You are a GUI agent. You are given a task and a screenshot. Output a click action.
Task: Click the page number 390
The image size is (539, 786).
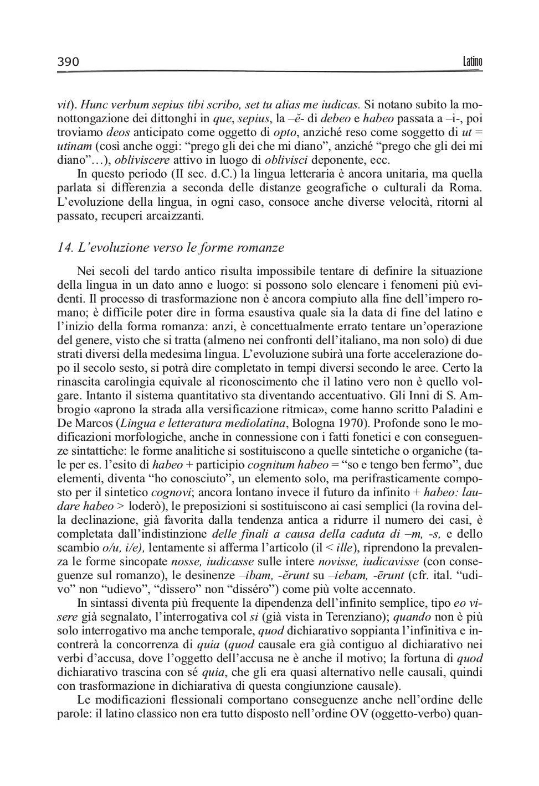click(x=68, y=62)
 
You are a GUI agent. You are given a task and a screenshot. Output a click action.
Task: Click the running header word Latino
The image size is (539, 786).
click(x=472, y=61)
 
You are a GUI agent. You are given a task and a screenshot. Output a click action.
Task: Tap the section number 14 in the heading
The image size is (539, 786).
click(x=65, y=248)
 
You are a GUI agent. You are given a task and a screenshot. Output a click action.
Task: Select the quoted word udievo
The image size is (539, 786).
click(x=112, y=589)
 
